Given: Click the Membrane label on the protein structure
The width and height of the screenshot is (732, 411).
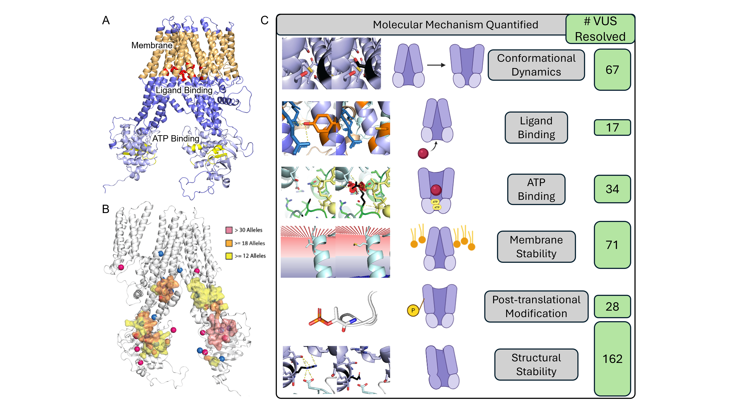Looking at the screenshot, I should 152,45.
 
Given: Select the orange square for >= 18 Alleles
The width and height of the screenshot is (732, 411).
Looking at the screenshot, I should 229,243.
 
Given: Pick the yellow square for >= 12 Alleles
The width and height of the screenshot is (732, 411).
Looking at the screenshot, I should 229,256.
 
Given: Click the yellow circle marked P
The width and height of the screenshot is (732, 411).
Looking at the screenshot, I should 413,310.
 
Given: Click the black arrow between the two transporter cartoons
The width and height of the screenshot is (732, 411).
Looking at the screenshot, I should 436,65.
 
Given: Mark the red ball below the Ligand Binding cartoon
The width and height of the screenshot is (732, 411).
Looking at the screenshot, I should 423,153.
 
